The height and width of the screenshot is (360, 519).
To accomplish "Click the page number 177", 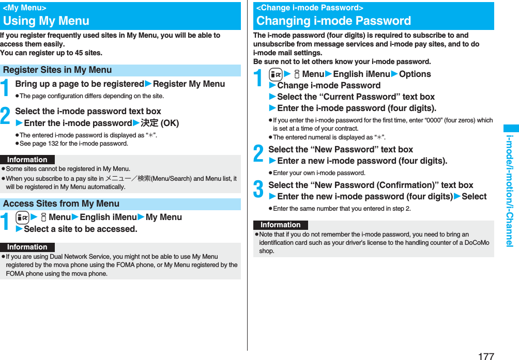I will tap(486, 356).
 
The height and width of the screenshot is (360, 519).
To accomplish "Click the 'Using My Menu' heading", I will tap(47, 21).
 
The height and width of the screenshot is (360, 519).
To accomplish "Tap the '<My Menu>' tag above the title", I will tap(24, 8).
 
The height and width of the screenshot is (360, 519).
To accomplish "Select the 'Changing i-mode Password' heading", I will tap(333, 21).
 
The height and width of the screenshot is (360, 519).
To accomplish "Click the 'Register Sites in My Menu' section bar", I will tap(57, 70).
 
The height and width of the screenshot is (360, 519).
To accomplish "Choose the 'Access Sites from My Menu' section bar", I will tap(61, 204).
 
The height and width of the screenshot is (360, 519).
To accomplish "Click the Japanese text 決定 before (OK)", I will tap(149, 123).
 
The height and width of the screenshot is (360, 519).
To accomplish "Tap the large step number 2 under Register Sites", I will tap(6, 117).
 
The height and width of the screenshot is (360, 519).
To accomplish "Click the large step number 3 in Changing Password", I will tap(258, 190).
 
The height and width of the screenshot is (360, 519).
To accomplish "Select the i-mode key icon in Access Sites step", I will tap(22, 217).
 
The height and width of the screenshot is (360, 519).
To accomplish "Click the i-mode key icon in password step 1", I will tap(276, 74).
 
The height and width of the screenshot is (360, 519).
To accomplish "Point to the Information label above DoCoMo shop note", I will tap(280, 225).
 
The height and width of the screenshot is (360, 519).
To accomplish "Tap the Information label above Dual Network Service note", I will tap(27, 247).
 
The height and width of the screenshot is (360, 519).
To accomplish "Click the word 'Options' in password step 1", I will tap(415, 74).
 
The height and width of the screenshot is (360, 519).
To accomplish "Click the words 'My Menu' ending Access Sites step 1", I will tap(164, 217).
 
